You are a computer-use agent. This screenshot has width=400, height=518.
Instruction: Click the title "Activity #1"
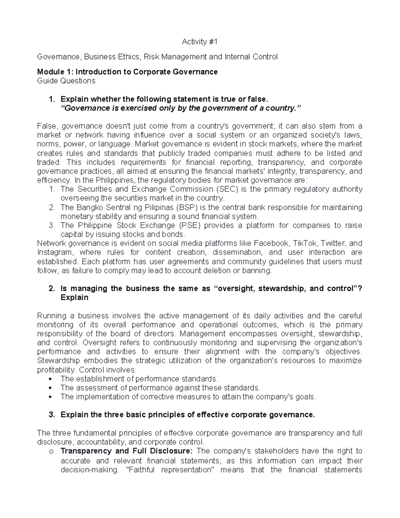click(x=199, y=42)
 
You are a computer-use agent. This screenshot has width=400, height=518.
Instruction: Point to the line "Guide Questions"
click(x=66, y=81)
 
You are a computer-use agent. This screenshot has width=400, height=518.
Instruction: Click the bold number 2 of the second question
click(x=51, y=289)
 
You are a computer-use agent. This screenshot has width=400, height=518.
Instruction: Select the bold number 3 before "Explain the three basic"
click(x=51, y=415)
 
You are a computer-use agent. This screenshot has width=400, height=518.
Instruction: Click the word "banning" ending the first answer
click(x=258, y=271)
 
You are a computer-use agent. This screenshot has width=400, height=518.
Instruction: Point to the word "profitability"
click(x=56, y=370)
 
